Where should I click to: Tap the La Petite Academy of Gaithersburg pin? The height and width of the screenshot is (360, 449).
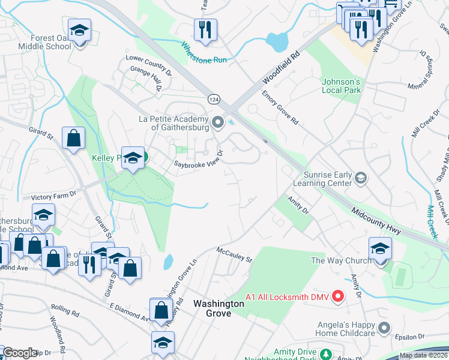tap(217, 123)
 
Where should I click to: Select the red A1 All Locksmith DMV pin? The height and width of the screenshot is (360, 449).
tap(337, 296)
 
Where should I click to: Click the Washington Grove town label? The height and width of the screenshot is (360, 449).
tap(218, 308)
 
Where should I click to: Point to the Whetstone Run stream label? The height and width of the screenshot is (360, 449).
tap(204, 53)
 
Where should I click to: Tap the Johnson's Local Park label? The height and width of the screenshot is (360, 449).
tap(341, 86)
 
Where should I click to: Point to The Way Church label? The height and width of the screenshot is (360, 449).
tap(334, 260)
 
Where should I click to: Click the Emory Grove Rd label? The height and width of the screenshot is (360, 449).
tap(280, 108)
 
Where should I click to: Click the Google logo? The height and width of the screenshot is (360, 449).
tap(19, 353)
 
